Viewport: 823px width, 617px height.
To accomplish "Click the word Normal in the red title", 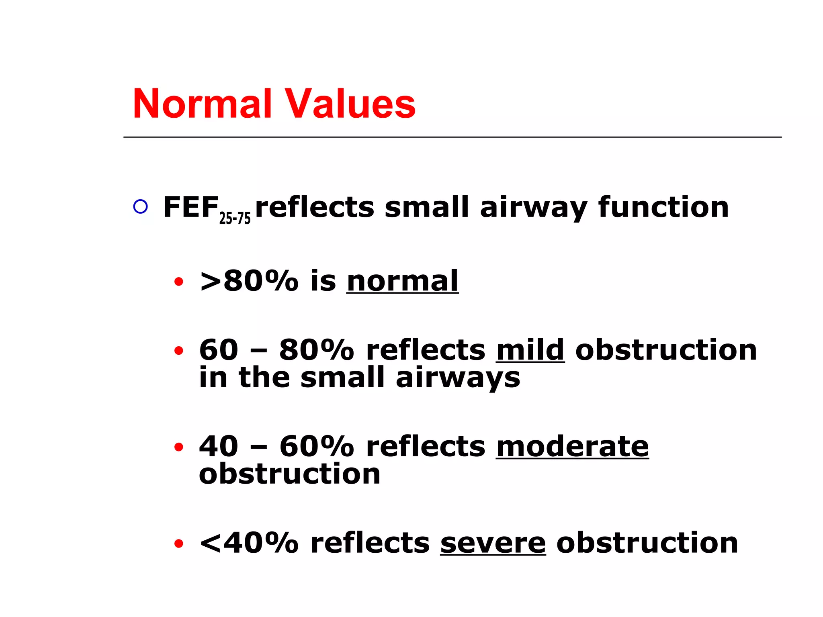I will point(202,104).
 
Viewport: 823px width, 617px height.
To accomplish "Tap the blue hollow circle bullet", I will point(140,206).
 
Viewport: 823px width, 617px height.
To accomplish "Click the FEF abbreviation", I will point(190,207).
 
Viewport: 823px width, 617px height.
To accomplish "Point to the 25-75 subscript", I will point(235,218).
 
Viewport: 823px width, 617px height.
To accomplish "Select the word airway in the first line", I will point(534,208).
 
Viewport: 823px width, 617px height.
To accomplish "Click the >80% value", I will point(249,281).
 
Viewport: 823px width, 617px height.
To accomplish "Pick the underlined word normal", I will point(402,281).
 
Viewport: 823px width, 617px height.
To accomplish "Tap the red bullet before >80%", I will point(179,282).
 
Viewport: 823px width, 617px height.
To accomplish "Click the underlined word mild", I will point(530,349).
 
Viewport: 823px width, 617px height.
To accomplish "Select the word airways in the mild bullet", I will point(458,378).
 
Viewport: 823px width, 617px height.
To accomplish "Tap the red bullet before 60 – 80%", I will point(179,351).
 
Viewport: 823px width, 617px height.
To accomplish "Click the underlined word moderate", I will point(572,446).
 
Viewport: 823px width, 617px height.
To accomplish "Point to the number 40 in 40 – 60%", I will point(219,446).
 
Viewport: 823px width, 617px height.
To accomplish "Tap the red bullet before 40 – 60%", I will point(179,447).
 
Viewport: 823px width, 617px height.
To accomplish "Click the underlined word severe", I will point(493,543).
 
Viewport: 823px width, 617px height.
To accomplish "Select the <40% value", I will point(249,543).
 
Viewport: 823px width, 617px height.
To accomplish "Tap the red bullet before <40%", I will point(179,543).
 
